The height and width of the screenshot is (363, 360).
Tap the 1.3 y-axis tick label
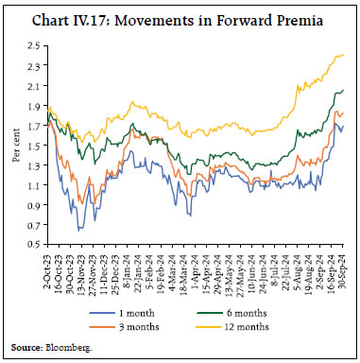pos(33,166)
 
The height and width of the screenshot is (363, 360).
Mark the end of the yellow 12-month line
pos(342,55)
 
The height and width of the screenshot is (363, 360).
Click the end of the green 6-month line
pos(342,91)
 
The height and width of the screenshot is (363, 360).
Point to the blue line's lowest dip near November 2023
pos(79,231)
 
